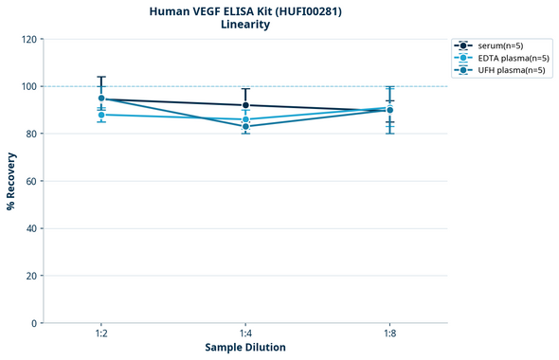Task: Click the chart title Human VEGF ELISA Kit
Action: (245, 11)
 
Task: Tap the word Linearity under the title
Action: (245, 26)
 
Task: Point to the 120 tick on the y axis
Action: (28, 39)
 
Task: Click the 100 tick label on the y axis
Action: (28, 86)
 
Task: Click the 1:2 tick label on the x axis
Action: (101, 334)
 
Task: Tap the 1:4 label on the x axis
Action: (245, 334)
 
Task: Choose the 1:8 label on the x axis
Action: (389, 334)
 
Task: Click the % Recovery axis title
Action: (11, 180)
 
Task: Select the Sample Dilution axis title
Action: (245, 348)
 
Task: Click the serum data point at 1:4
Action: (245, 105)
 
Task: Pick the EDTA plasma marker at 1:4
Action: (245, 119)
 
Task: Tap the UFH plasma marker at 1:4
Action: (245, 126)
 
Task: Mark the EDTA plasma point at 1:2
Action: (101, 115)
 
